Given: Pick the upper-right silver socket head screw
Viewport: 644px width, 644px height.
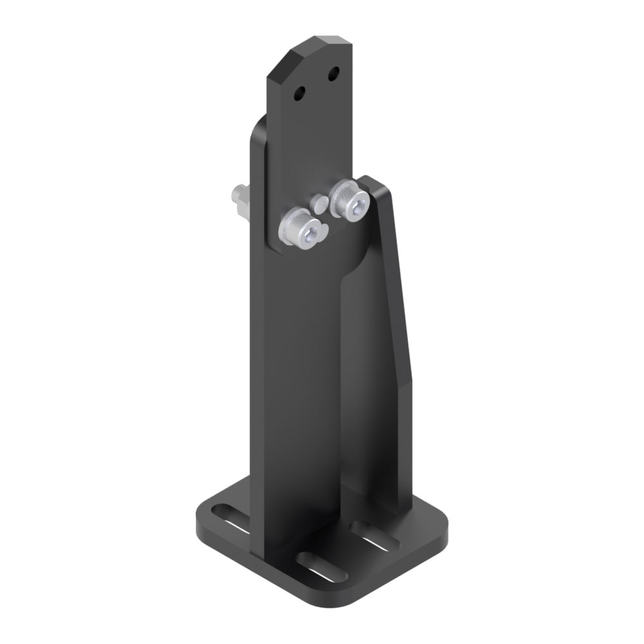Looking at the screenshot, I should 348,198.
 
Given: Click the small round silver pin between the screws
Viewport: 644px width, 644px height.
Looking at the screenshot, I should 320,205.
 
